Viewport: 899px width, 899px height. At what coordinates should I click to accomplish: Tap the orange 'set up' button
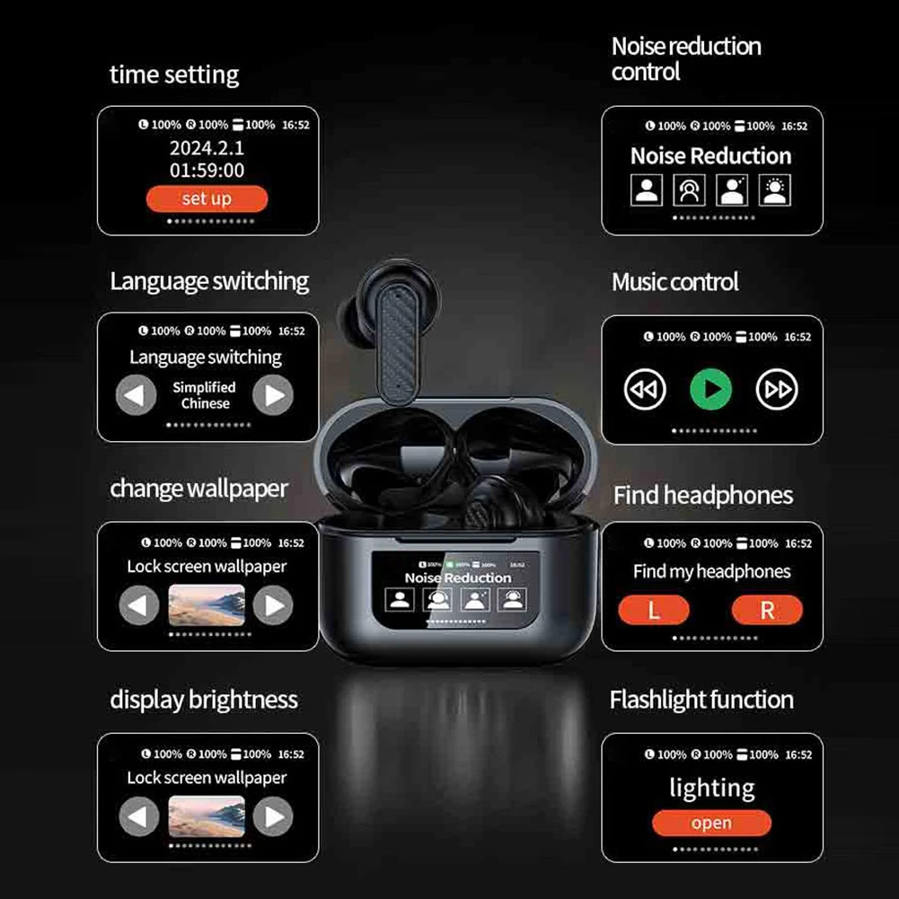207,198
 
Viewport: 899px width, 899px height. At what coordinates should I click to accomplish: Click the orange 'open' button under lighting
711,823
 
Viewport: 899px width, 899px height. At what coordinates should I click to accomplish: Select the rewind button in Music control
645,389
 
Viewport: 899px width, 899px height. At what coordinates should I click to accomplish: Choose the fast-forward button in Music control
777,389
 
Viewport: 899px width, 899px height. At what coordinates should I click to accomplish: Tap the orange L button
654,611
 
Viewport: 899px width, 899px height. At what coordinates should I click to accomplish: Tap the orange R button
767,611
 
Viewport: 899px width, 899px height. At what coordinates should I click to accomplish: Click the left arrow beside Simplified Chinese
137,394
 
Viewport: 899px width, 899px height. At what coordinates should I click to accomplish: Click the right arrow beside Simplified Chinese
273,394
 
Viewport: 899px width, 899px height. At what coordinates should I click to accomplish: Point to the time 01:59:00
207,170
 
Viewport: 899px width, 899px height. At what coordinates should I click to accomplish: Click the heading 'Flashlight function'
701,700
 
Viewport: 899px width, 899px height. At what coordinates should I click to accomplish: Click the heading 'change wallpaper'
198,489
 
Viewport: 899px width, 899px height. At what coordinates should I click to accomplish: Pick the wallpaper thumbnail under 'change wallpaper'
206,605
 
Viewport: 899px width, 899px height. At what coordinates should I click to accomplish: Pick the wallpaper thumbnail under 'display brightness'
206,816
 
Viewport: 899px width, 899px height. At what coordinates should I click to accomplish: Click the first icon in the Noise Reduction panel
647,189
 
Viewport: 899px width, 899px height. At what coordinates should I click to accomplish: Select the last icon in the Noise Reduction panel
774,189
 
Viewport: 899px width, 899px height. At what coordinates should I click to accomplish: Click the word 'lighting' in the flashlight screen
711,789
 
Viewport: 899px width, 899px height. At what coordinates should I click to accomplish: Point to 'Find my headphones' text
711,571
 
